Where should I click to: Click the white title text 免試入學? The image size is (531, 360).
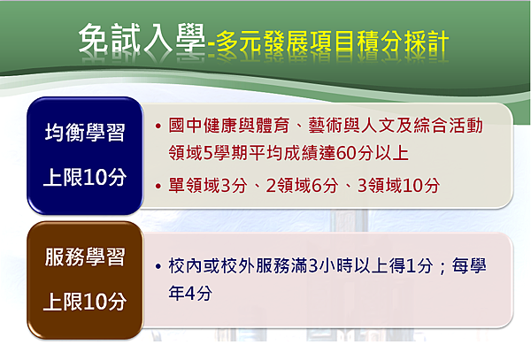(142, 39)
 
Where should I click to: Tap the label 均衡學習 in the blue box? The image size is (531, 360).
(85, 133)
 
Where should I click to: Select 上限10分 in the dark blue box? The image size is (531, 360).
(85, 177)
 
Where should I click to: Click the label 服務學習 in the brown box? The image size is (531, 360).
(85, 257)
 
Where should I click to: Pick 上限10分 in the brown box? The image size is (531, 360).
(85, 302)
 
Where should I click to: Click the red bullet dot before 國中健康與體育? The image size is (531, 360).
(158, 126)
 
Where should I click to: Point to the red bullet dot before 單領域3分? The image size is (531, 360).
(158, 186)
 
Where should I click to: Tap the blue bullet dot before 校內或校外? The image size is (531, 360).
(158, 266)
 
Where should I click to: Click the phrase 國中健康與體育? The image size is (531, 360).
(229, 126)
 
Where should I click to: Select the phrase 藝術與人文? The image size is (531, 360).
(350, 126)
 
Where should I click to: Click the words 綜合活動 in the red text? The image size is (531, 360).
(448, 126)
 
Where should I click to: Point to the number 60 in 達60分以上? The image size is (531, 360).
(346, 153)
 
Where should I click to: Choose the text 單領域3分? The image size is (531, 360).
(208, 186)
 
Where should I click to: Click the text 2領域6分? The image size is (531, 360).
(302, 186)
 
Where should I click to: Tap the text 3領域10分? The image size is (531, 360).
(398, 186)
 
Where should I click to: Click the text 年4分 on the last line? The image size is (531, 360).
(190, 293)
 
